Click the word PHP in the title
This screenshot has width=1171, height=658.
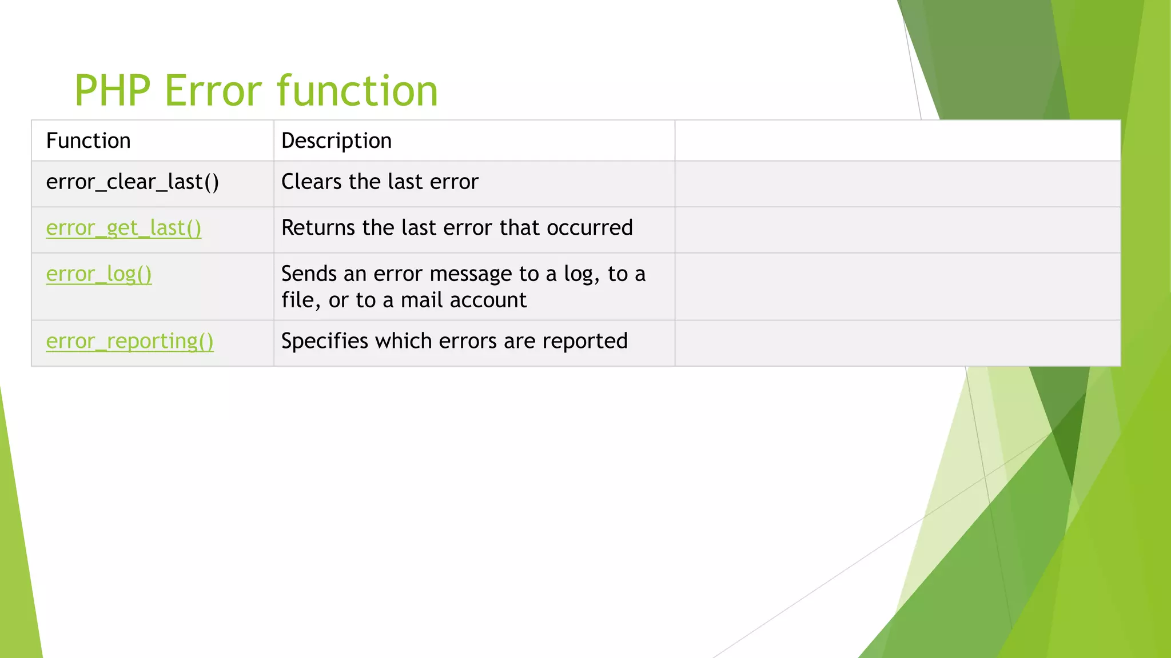112,91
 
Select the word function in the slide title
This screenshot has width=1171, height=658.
357,91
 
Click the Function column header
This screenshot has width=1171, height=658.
88,141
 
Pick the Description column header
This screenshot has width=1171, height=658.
336,141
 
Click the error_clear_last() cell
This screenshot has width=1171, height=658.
132,182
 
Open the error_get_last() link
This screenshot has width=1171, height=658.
124,228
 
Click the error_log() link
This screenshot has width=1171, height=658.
99,274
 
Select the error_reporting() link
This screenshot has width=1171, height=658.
130,341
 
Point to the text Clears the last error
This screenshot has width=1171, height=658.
380,182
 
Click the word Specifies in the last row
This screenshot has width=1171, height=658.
325,341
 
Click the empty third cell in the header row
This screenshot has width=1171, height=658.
897,141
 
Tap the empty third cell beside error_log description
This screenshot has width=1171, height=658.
897,287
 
